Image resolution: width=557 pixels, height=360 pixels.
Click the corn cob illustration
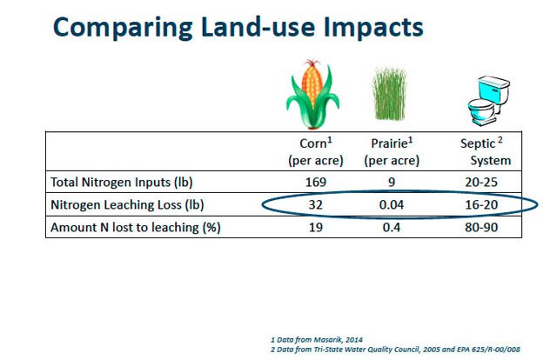click(312, 94)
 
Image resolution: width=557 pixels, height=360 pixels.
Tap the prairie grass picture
click(389, 94)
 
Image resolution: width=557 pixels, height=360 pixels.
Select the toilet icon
click(488, 101)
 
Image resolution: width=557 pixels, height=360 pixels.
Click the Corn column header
click(316, 151)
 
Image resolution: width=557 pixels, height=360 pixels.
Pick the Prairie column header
click(392, 151)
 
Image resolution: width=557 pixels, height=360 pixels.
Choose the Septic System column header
click(486, 151)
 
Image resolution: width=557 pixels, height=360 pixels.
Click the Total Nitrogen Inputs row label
click(122, 182)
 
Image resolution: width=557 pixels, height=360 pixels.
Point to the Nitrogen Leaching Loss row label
click(127, 205)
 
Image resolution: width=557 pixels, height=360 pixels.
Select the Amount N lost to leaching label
click(136, 227)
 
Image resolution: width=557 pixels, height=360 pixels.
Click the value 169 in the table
click(316, 182)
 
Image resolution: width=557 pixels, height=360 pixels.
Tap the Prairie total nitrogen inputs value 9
click(392, 182)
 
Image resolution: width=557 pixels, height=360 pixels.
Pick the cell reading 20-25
click(481, 182)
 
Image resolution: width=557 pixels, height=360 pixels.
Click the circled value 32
click(316, 205)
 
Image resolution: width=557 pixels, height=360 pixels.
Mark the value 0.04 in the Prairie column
click(392, 205)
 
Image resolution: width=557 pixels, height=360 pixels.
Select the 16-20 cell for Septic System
click(481, 205)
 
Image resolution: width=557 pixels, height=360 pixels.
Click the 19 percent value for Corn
click(316, 227)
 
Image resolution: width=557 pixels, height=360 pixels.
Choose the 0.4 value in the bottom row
click(392, 227)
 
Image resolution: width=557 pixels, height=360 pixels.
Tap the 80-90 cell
click(481, 227)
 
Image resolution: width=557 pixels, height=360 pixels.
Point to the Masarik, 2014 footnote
click(317, 339)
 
